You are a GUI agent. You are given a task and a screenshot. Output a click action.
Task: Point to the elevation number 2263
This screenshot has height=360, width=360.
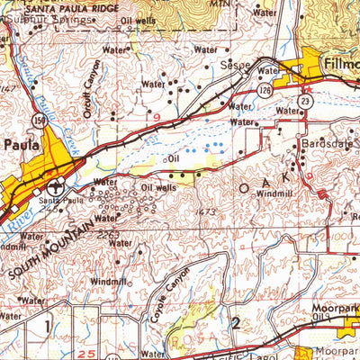[107, 235]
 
